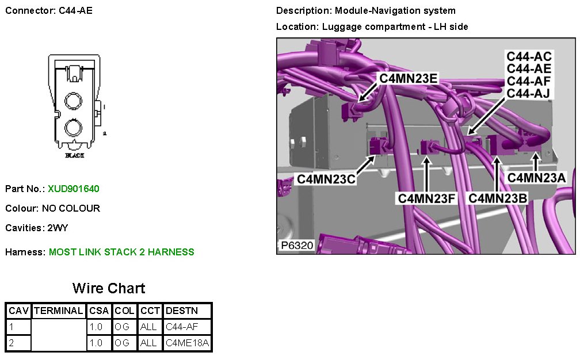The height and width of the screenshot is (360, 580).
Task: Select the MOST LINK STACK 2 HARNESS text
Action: (x=121, y=252)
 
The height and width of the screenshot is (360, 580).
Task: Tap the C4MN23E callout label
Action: (x=407, y=79)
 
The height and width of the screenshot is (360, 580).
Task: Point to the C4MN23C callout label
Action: (x=326, y=179)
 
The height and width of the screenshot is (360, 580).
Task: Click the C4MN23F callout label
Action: (x=427, y=198)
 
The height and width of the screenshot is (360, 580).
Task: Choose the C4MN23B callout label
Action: (x=498, y=198)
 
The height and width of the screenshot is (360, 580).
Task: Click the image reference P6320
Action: (x=297, y=246)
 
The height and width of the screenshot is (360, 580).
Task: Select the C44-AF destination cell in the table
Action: (x=181, y=327)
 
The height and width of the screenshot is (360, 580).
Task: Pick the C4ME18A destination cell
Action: (x=187, y=343)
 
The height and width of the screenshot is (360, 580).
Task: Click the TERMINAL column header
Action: (x=59, y=311)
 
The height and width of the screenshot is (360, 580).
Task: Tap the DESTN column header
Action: (x=181, y=311)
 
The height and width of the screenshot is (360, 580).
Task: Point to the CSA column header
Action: (x=99, y=311)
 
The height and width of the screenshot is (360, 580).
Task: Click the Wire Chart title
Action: (x=109, y=288)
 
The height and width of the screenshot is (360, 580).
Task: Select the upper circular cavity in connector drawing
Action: (x=74, y=102)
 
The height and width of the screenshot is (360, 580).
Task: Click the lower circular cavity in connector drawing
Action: (x=74, y=127)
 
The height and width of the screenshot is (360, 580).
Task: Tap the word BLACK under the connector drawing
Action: (x=74, y=156)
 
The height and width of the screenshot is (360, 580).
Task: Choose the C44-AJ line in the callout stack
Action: (x=529, y=93)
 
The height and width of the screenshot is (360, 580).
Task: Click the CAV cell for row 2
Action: (x=18, y=343)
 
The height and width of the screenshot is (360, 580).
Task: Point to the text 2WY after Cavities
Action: (x=58, y=228)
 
